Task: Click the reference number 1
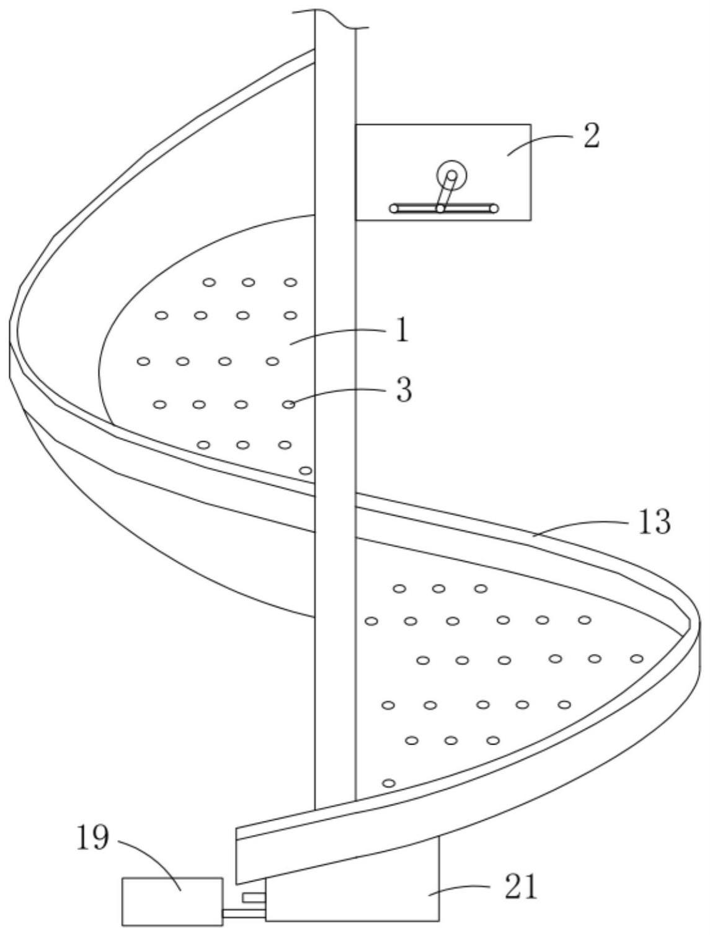pos(402,331)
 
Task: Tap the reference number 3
pos(404,390)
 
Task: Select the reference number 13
pos(654,522)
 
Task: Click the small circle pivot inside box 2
pos(451,175)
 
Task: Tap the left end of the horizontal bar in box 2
pos(394,208)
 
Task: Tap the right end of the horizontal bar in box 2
pos(494,208)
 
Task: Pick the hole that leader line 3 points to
pos(289,405)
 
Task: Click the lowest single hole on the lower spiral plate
pos(389,783)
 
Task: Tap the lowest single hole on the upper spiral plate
pos(305,470)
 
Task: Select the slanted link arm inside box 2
pos(446,192)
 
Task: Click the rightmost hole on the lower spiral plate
pos(636,658)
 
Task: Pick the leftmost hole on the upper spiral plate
pos(143,361)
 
